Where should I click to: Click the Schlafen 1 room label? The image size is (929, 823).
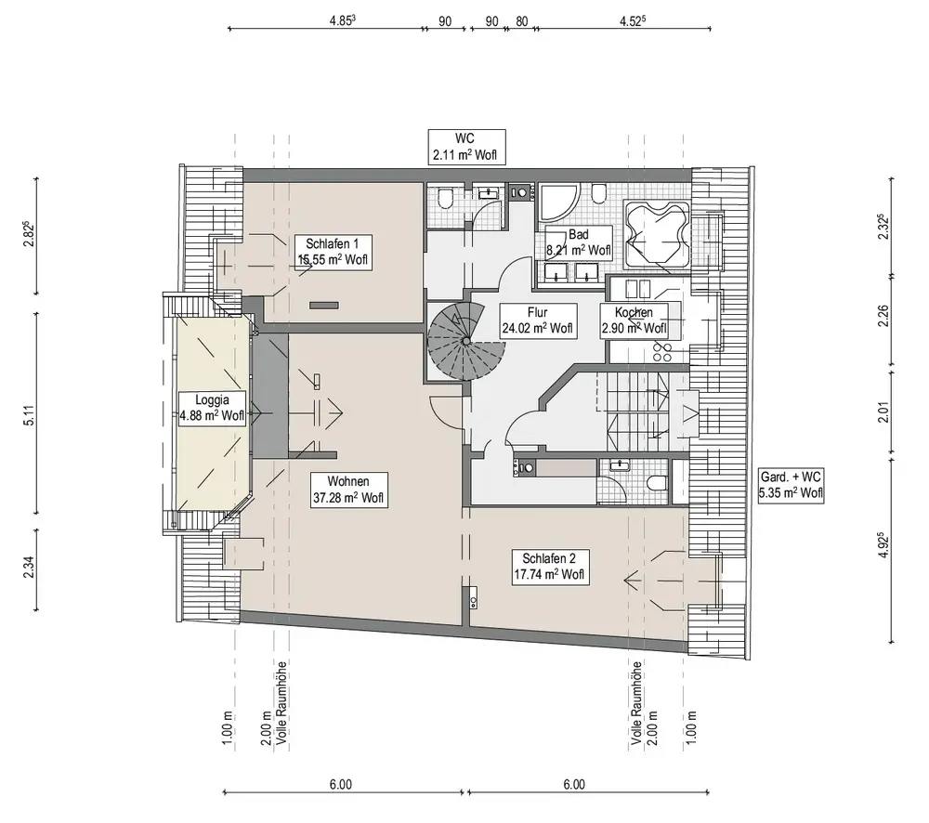point(333,252)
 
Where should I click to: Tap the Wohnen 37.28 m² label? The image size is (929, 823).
point(348,490)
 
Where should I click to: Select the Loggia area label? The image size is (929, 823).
point(212,408)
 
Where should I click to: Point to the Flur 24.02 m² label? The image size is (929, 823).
point(537,320)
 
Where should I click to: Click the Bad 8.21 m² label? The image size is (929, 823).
point(578,242)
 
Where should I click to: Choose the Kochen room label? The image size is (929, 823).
point(634,320)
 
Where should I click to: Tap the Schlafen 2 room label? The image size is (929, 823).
point(549,567)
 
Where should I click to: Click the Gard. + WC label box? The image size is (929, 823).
point(791,485)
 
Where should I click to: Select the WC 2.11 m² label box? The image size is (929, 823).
point(466,147)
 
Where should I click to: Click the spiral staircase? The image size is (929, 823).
point(465,341)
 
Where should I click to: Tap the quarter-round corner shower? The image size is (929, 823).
point(556,203)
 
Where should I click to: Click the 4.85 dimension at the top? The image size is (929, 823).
point(343,20)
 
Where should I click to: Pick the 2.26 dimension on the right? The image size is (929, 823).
point(883,315)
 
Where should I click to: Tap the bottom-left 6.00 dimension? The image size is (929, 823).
point(341,785)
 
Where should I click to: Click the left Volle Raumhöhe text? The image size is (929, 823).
point(282,703)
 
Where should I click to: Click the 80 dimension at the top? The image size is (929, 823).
point(521,21)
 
